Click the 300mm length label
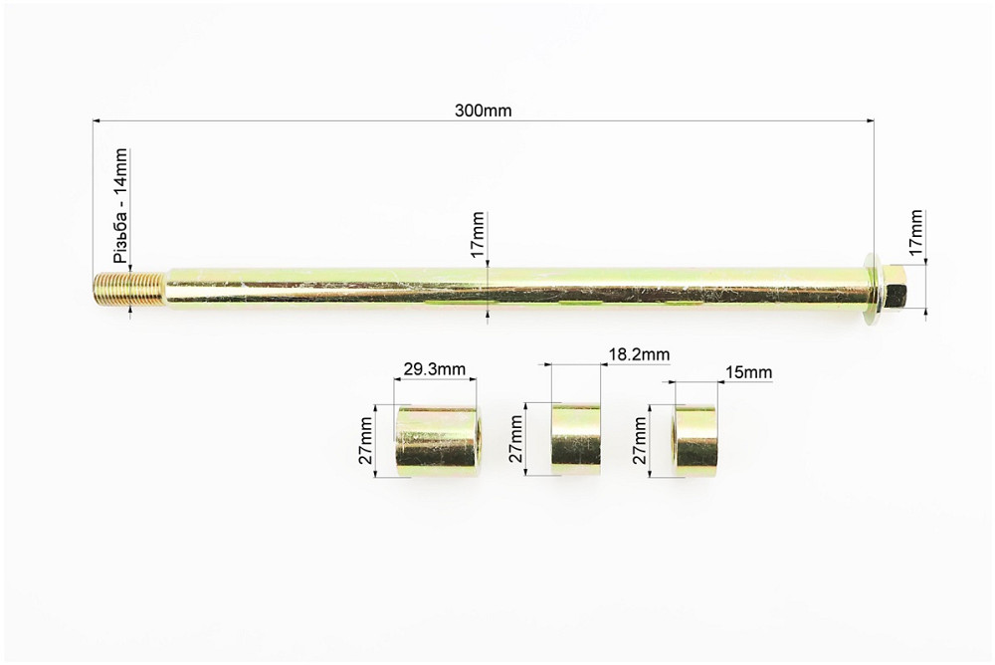click(x=483, y=111)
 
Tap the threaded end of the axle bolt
click(x=130, y=289)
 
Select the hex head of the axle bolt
click(x=896, y=291)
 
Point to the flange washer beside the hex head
click(x=874, y=291)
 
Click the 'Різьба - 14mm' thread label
click(x=120, y=206)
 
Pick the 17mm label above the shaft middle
click(x=478, y=234)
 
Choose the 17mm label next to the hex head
click(x=915, y=233)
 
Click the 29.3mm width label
click(x=435, y=369)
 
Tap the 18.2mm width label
click(x=639, y=353)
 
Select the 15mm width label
click(x=749, y=371)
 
